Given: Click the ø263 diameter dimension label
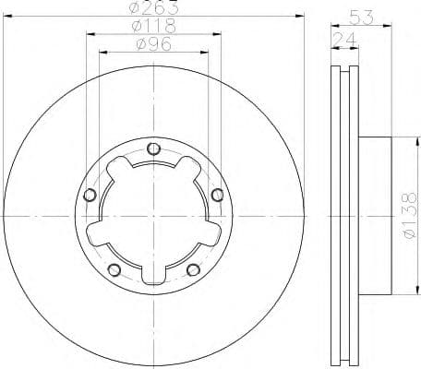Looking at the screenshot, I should pos(153,7).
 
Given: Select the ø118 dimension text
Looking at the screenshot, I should pos(154,26).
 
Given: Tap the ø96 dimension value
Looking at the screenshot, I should pos(154,44).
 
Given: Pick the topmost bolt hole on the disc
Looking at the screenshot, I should pos(154,149).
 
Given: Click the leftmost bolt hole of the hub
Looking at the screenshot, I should pos(90,195).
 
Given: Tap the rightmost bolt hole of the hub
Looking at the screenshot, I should pos(218,195).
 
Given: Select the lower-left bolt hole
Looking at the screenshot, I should pos(114,269).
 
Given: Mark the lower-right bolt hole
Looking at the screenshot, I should pos(193,269).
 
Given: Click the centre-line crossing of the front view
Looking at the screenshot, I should pos(154,217).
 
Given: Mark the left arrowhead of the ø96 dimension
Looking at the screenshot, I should pos(102,54).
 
